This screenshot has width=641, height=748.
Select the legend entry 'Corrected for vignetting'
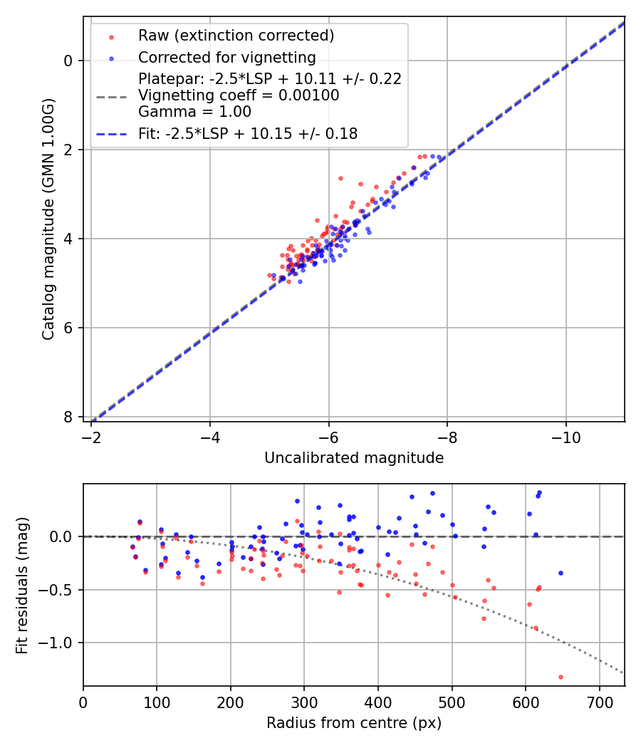pos(227,57)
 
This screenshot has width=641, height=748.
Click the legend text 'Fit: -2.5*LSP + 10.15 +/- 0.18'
pos(248,133)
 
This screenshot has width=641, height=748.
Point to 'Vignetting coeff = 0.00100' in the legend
pos(239,95)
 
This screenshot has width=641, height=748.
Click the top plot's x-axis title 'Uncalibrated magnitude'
pos(354,458)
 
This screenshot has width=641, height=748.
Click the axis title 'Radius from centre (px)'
pos(354,723)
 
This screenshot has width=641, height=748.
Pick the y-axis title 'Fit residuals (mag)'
pos(22,585)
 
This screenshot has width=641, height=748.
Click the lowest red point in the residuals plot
pos(561,677)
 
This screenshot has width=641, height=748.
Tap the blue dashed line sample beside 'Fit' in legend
pos(111,134)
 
